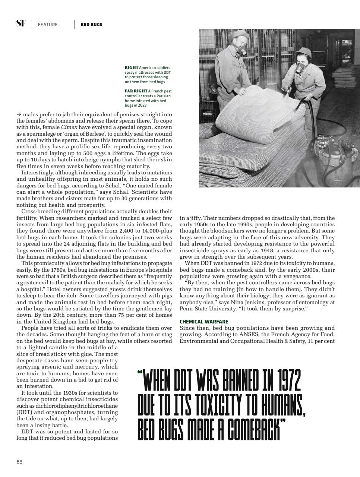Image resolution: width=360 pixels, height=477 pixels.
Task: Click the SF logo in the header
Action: point(21,23)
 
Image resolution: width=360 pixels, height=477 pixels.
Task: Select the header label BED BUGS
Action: point(91,25)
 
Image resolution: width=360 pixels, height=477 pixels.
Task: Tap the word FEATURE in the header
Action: point(48,25)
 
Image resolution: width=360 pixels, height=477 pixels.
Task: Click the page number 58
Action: point(19,462)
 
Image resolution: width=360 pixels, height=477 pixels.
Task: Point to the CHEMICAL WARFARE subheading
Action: point(204,322)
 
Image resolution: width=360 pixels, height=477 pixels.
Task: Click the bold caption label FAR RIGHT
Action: point(136,91)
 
